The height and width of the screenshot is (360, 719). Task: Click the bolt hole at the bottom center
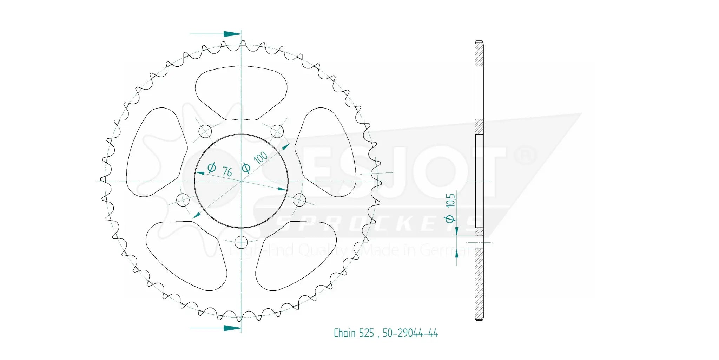pyautogui.click(x=241, y=242)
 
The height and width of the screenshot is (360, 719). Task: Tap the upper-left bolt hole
pyautogui.click(x=205, y=132)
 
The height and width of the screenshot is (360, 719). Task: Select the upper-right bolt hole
pyautogui.click(x=277, y=131)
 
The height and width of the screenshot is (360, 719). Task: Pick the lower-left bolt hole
pyautogui.click(x=183, y=200)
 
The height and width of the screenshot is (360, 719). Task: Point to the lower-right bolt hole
pyautogui.click(x=299, y=200)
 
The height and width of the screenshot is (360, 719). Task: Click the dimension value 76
pyautogui.click(x=227, y=171)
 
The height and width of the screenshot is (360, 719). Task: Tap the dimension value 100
pyautogui.click(x=260, y=158)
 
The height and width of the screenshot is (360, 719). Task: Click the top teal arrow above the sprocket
pyautogui.click(x=232, y=34)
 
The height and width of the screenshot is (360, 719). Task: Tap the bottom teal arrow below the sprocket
pyautogui.click(x=232, y=328)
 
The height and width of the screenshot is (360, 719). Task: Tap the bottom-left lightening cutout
pyautogui.click(x=186, y=255)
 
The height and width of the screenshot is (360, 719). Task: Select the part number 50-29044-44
pyautogui.click(x=410, y=333)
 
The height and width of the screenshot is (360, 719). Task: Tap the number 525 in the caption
pyautogui.click(x=366, y=333)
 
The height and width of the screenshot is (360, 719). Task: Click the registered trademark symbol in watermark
pyautogui.click(x=525, y=156)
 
